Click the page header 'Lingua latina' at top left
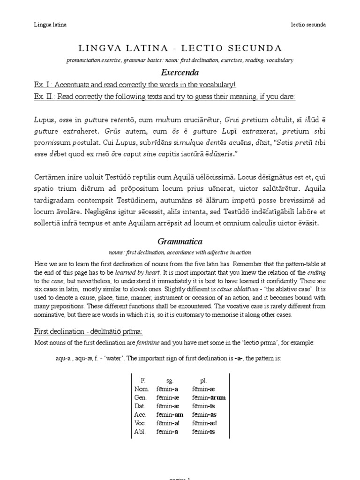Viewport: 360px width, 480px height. click(50, 25)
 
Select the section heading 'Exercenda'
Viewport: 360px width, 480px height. click(180, 73)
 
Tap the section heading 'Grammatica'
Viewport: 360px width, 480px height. click(180, 241)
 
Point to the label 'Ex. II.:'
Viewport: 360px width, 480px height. click(45, 97)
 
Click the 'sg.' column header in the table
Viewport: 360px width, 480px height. click(170, 381)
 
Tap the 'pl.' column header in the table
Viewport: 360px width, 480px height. click(203, 381)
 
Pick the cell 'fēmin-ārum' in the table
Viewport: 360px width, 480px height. click(209, 397)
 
